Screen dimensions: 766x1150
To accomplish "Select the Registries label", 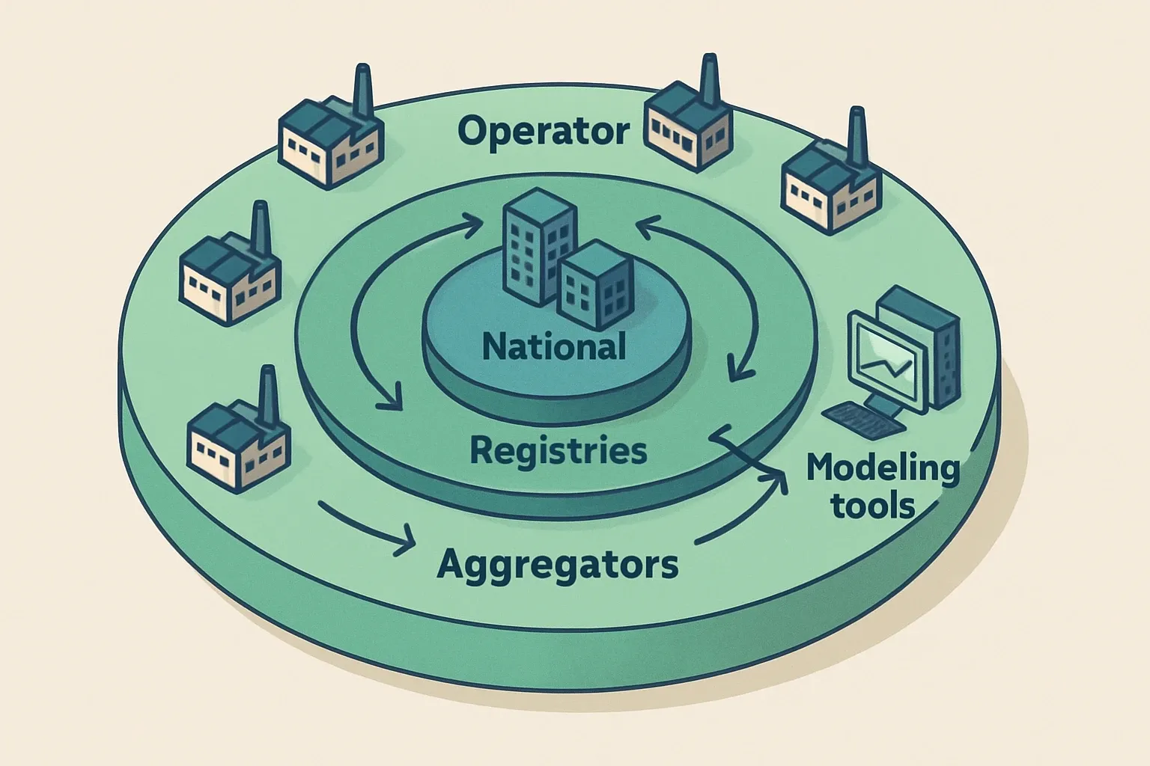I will [x=558, y=451].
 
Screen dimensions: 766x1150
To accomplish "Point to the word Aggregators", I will [x=557, y=565].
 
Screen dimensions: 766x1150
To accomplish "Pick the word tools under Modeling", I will [x=873, y=506].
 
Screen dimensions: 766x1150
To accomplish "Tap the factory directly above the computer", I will [x=827, y=187].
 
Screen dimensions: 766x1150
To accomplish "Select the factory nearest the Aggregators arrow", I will [x=236, y=438].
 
